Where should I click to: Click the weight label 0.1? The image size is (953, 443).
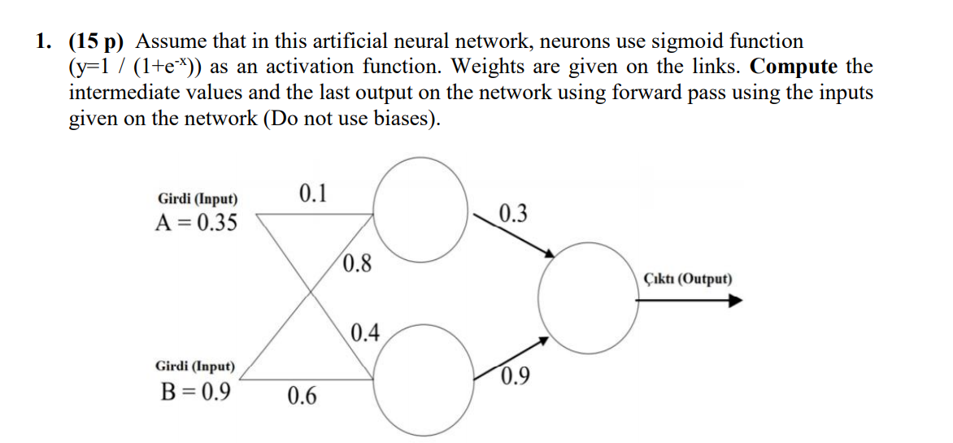point(313,193)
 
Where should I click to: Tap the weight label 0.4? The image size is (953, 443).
point(365,332)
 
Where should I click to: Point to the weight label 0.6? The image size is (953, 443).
point(302,397)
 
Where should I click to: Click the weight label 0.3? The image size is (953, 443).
point(513,215)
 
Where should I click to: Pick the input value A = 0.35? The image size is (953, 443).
point(198,222)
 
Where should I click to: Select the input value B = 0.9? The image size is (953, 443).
point(193,393)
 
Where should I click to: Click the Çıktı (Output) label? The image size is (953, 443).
point(687,280)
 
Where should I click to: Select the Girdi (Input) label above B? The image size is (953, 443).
point(195,367)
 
